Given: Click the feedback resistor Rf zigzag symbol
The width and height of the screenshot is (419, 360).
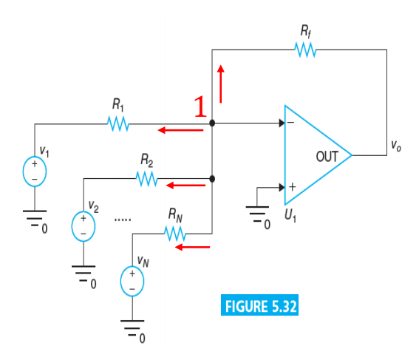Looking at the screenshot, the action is (x=305, y=50).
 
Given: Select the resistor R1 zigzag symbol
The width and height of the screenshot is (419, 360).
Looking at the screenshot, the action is (x=117, y=123).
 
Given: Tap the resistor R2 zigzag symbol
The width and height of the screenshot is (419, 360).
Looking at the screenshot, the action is (x=147, y=179).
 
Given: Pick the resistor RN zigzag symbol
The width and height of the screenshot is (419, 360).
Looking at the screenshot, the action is (x=175, y=234).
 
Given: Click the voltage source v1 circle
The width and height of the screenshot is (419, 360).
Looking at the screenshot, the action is (x=35, y=171).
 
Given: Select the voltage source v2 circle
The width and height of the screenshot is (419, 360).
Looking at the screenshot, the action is (x=84, y=226).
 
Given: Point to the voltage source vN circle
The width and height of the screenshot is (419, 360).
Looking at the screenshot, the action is (x=132, y=281).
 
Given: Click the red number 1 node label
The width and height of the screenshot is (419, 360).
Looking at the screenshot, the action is (x=200, y=106).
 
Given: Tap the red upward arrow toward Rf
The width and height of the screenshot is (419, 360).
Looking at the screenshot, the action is (x=221, y=84).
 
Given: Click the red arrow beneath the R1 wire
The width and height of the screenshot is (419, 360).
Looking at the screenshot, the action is (x=180, y=130).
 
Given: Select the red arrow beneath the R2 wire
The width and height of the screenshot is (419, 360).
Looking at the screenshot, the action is (x=185, y=186).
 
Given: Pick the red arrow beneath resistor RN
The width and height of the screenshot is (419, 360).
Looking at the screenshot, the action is (x=192, y=247).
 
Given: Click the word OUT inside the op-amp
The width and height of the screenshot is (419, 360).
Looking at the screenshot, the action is (x=327, y=157).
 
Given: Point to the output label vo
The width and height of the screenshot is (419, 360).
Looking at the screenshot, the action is (x=396, y=146).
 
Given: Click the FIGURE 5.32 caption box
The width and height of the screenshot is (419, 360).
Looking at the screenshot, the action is (x=259, y=305).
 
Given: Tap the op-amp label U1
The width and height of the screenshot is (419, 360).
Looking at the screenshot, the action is (x=290, y=215).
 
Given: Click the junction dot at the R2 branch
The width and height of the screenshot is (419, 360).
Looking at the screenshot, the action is (x=212, y=179).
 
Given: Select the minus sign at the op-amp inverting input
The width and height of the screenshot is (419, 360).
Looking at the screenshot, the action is (x=290, y=123).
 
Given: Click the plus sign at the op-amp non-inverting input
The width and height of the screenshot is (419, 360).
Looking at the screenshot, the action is (x=293, y=186).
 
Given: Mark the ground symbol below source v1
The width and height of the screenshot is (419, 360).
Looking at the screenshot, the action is (x=35, y=218).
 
